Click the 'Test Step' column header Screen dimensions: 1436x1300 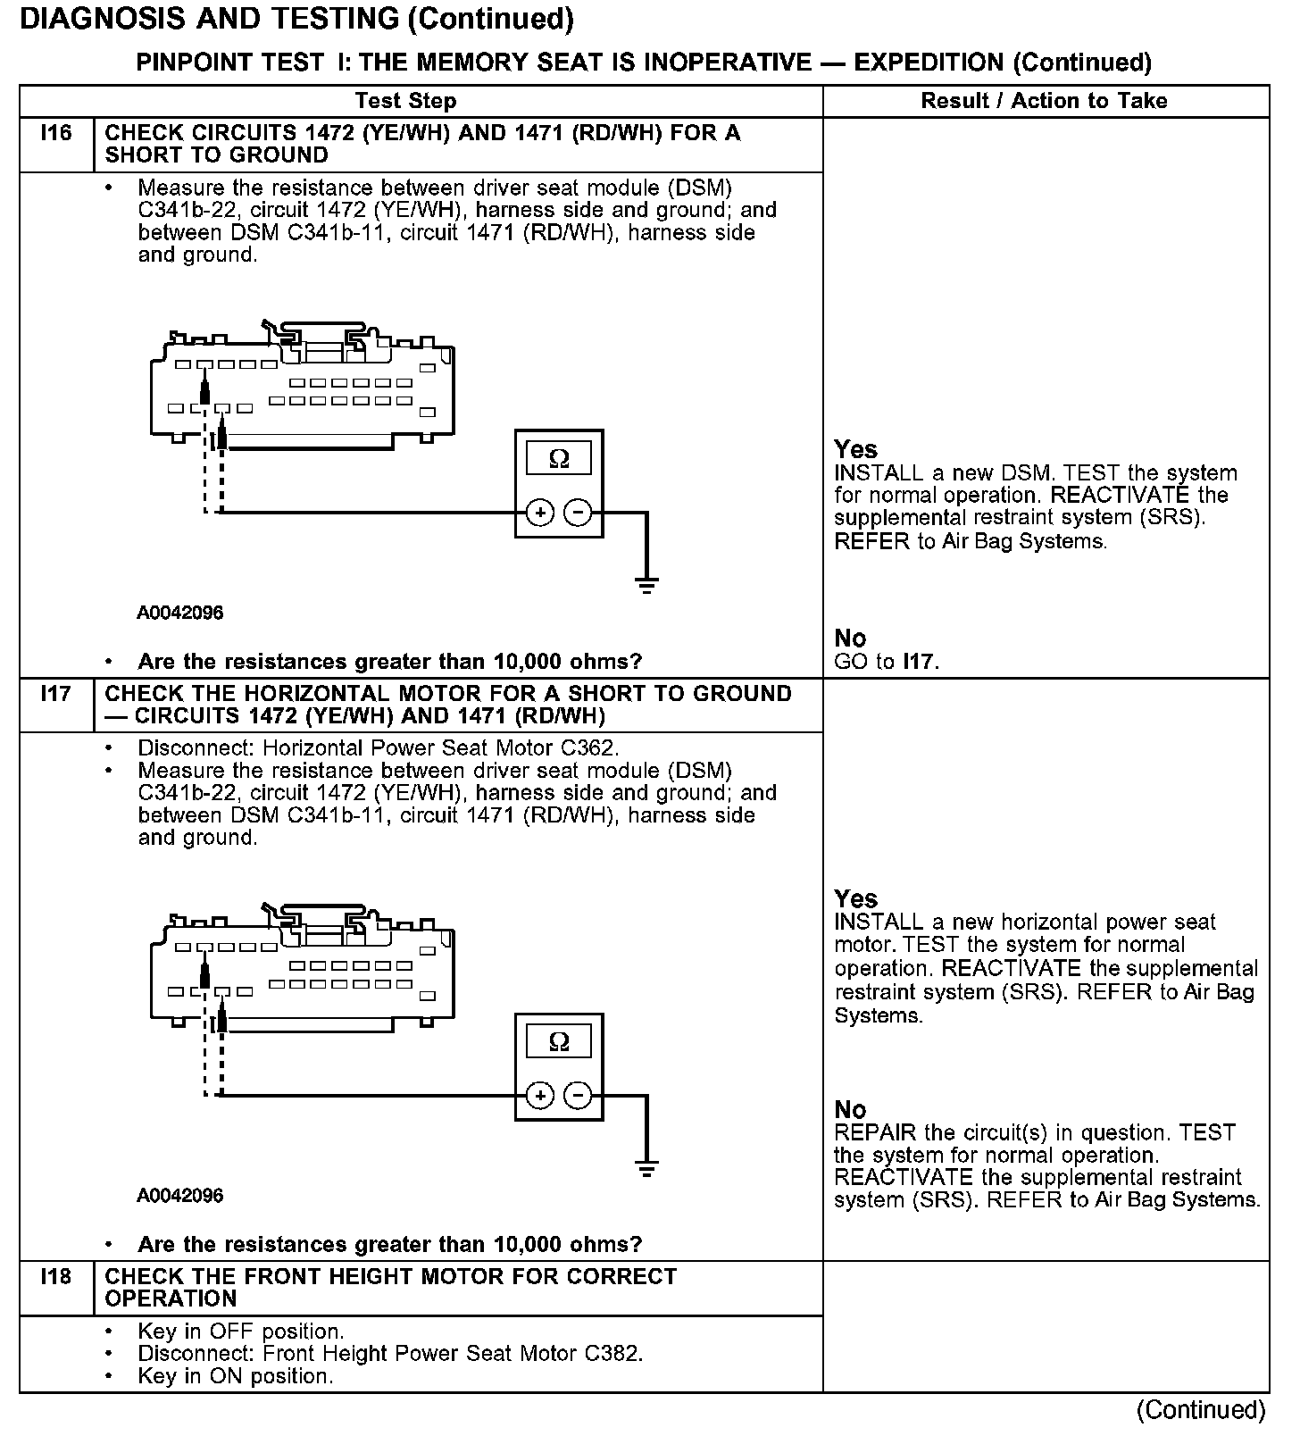pyautogui.click(x=405, y=101)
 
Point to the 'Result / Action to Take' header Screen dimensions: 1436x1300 pyautogui.click(x=1044, y=101)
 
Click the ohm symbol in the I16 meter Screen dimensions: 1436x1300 pyautogui.click(x=559, y=458)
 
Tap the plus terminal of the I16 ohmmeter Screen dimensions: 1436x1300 pyautogui.click(x=539, y=513)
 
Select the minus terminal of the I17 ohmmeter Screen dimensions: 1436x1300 pyautogui.click(x=579, y=1096)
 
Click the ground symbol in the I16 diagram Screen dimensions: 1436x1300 pyautogui.click(x=646, y=585)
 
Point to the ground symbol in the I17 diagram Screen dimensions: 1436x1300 pyautogui.click(x=646, y=1167)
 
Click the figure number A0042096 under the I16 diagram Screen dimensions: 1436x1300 pyautogui.click(x=179, y=613)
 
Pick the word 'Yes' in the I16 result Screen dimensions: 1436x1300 pyautogui.click(x=855, y=449)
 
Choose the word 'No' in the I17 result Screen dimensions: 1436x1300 pyautogui.click(x=850, y=1109)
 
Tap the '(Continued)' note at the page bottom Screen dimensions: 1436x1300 pyautogui.click(x=1201, y=1410)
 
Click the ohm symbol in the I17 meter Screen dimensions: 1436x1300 pyautogui.click(x=559, y=1041)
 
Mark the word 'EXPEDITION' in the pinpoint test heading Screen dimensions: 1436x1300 pyautogui.click(x=929, y=63)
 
